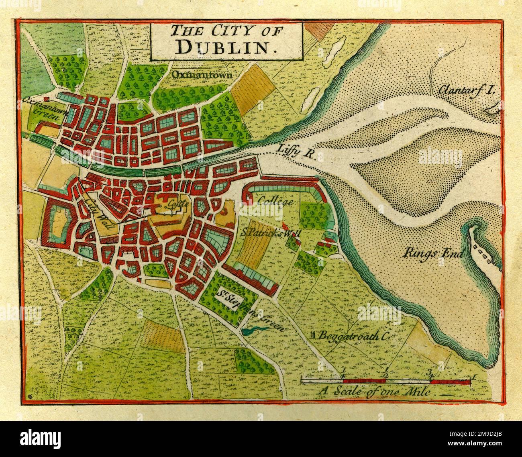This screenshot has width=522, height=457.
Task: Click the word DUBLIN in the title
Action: pos(227,47)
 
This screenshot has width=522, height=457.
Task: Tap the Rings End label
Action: pos(434,253)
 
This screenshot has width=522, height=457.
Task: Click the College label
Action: pos(275,201)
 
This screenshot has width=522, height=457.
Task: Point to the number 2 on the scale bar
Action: pos(385,373)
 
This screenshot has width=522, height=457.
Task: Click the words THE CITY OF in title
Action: pos(226,31)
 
